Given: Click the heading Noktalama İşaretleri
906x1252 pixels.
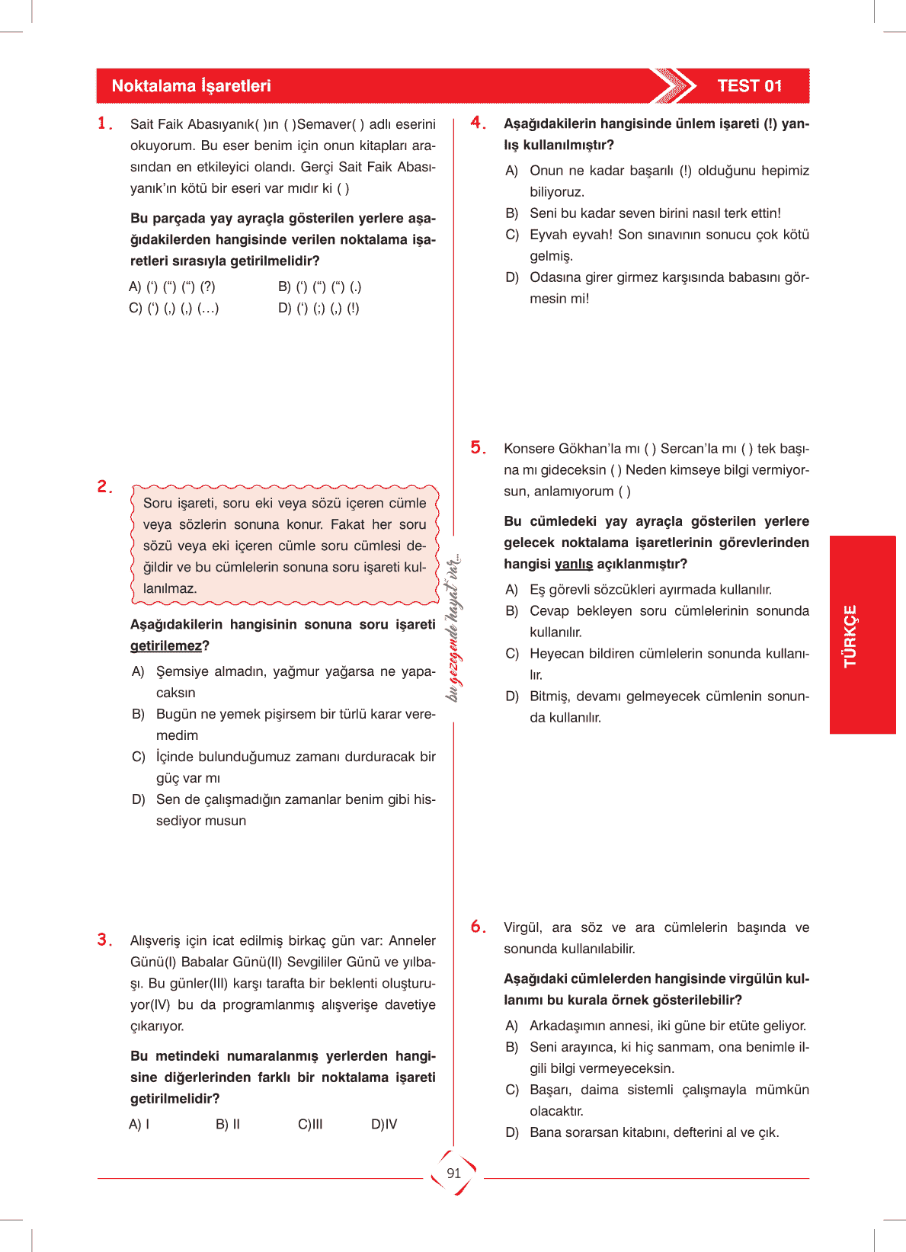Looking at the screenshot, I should (x=191, y=86).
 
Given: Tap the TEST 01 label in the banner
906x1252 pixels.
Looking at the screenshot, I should (x=749, y=86).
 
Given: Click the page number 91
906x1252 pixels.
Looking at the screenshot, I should (x=454, y=1174).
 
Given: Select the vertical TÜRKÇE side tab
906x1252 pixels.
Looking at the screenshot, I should (x=850, y=636).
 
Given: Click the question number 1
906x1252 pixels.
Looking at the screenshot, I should (x=104, y=123).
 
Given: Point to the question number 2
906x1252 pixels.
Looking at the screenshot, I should (x=104, y=486).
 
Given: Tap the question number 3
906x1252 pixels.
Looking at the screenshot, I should (x=104, y=940).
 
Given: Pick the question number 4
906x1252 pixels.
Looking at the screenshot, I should (x=478, y=123).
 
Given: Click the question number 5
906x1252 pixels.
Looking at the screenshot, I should (x=478, y=447).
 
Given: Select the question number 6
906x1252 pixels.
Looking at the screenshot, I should (x=478, y=927).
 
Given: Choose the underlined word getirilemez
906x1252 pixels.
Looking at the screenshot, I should (x=165, y=646).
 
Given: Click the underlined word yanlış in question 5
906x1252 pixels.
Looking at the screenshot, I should (x=573, y=564).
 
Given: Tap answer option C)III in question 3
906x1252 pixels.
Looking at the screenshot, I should (x=310, y=1124).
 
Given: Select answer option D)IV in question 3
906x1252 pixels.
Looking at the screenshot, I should (x=384, y=1124).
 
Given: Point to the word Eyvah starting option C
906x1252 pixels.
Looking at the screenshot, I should (x=549, y=235).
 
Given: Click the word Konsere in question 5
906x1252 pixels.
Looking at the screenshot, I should (x=528, y=449).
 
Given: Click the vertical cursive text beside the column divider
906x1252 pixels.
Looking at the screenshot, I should (x=453, y=627).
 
